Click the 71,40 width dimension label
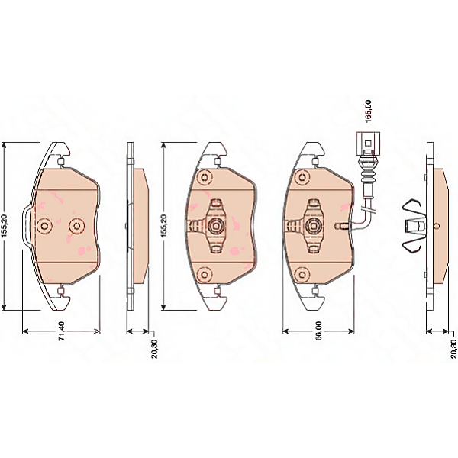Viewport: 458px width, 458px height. pos(62,331)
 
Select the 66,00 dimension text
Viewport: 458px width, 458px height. pos(318,331)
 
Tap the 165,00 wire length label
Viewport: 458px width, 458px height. pos(369,111)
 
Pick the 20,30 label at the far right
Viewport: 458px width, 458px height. pos(453,349)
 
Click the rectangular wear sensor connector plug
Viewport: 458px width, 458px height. pos(368,144)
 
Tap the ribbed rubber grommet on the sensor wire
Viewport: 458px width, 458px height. pos(368,176)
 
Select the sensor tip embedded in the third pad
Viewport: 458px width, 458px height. pos(341,226)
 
